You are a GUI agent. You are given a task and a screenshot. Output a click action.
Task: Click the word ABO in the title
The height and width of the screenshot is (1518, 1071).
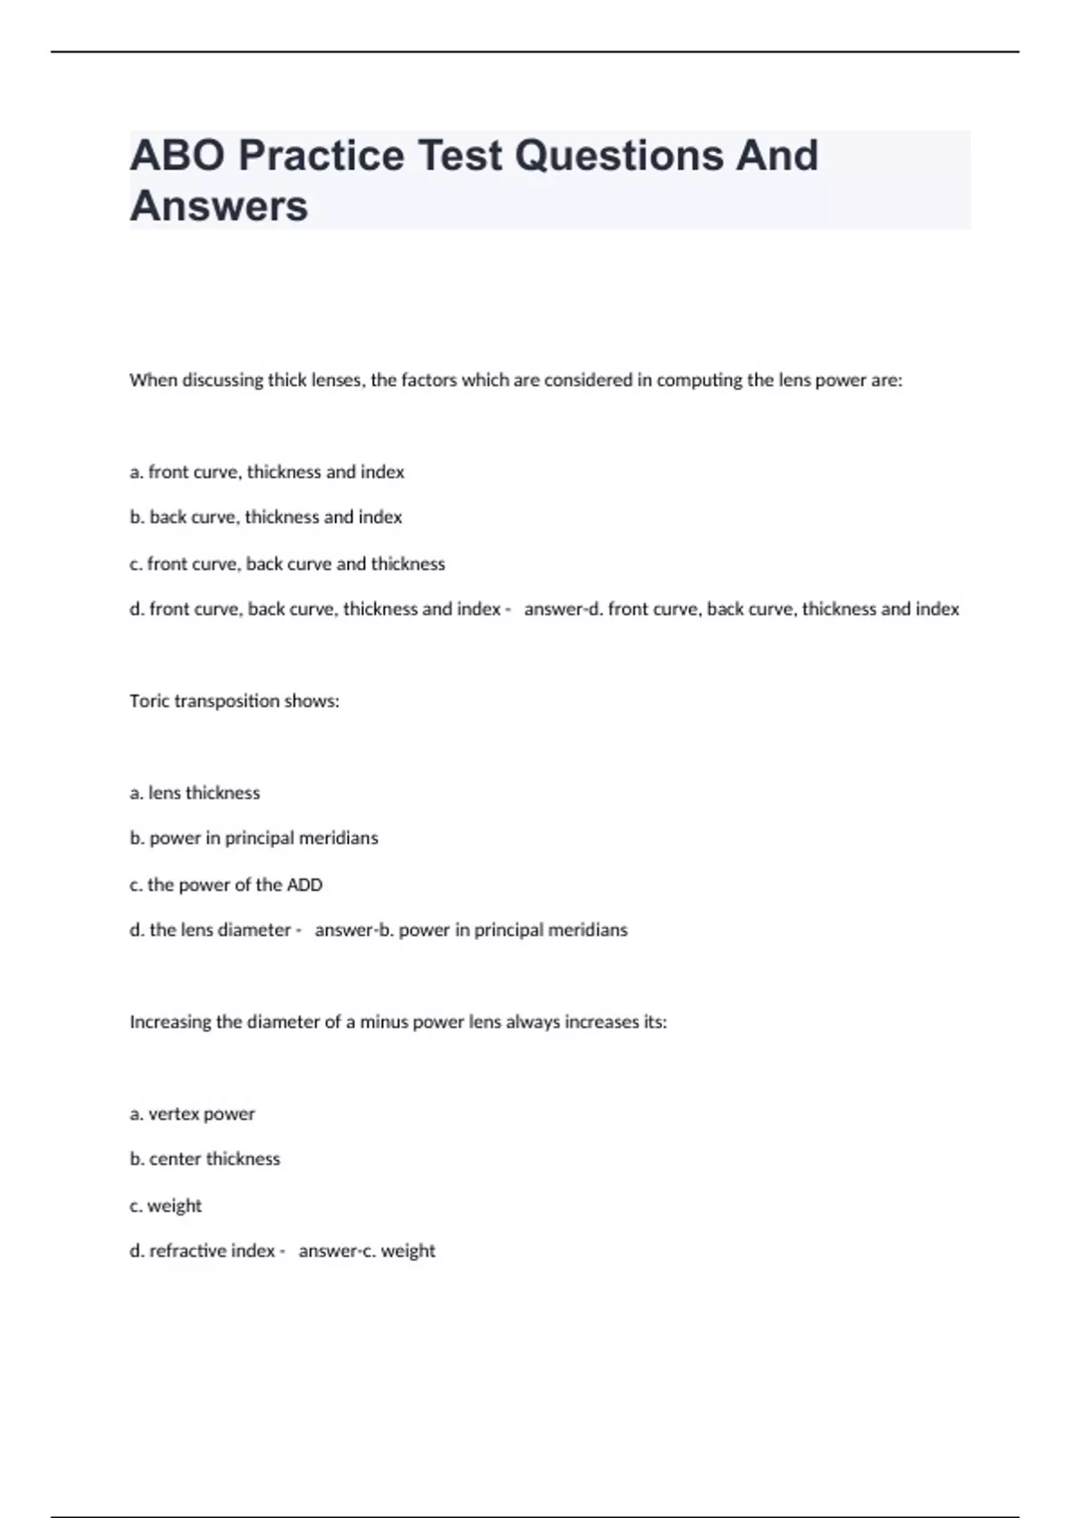click(x=178, y=155)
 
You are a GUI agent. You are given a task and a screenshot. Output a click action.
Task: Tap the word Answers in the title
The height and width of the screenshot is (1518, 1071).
click(x=219, y=205)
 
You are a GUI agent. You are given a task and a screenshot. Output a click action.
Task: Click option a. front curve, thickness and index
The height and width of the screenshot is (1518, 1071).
click(x=267, y=471)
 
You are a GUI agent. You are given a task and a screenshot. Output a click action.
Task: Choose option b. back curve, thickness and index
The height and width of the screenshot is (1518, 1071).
click(x=266, y=517)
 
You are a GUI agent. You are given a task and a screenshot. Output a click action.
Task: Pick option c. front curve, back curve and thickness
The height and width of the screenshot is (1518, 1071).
click(x=286, y=563)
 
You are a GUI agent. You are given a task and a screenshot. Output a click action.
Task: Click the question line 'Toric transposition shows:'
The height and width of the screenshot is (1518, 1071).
click(x=234, y=701)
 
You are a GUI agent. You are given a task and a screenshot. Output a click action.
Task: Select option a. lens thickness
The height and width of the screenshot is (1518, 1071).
click(x=195, y=793)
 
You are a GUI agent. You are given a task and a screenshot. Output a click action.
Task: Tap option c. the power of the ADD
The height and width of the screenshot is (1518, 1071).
click(x=226, y=885)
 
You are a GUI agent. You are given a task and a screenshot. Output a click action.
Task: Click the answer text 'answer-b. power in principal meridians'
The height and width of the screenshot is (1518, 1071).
click(x=471, y=930)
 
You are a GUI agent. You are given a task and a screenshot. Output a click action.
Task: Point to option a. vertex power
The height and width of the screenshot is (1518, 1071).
click(x=192, y=1113)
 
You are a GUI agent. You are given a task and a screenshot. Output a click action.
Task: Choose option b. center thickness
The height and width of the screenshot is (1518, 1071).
click(x=204, y=1159)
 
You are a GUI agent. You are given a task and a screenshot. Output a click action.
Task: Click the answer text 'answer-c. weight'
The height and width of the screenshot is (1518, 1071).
click(x=367, y=1251)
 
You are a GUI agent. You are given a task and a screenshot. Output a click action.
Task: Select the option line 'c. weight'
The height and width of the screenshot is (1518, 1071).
click(x=166, y=1205)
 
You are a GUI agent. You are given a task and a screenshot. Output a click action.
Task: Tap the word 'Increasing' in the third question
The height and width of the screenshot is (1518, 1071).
click(x=170, y=1022)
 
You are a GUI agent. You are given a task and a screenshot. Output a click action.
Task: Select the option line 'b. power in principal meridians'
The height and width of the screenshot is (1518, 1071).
click(x=253, y=838)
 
